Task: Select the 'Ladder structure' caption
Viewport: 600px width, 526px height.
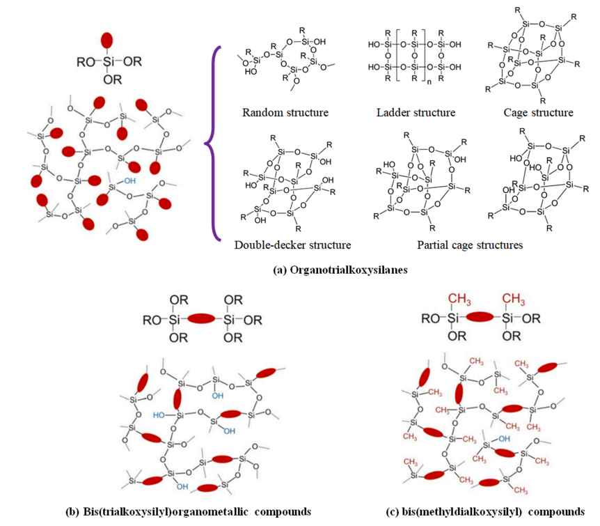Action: click(416, 112)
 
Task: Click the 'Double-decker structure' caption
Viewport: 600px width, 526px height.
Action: click(292, 245)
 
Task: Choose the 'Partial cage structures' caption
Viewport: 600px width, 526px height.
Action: click(470, 245)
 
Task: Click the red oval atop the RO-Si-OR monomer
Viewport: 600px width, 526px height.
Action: click(106, 40)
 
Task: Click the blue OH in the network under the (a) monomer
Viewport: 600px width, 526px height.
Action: click(131, 180)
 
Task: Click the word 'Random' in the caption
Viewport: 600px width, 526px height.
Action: click(260, 112)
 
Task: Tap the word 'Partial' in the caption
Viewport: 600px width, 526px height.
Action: click(433, 245)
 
